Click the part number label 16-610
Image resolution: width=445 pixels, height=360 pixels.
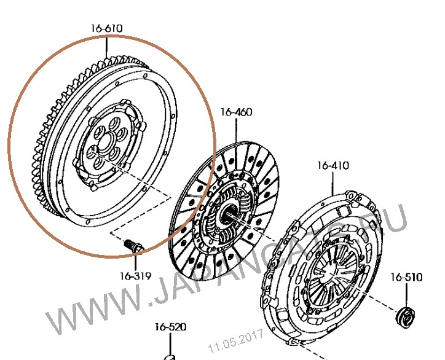(106, 28)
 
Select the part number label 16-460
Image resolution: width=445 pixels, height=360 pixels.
(236, 112)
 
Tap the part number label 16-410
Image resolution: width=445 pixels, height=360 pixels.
(333, 165)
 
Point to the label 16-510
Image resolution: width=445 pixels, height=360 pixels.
(406, 277)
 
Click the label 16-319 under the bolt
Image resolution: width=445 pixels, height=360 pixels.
(135, 276)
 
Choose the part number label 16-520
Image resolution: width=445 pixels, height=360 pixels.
(170, 327)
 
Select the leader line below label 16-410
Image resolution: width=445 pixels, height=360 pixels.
(333, 182)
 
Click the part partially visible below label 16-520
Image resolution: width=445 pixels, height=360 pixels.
(169, 356)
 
